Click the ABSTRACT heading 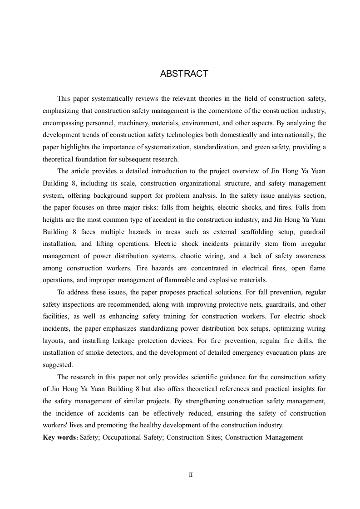pyautogui.click(x=184, y=74)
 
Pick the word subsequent pyautogui.click(x=141, y=159)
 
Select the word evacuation pyautogui.click(x=284, y=352)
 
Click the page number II pyautogui.click(x=191, y=475)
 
